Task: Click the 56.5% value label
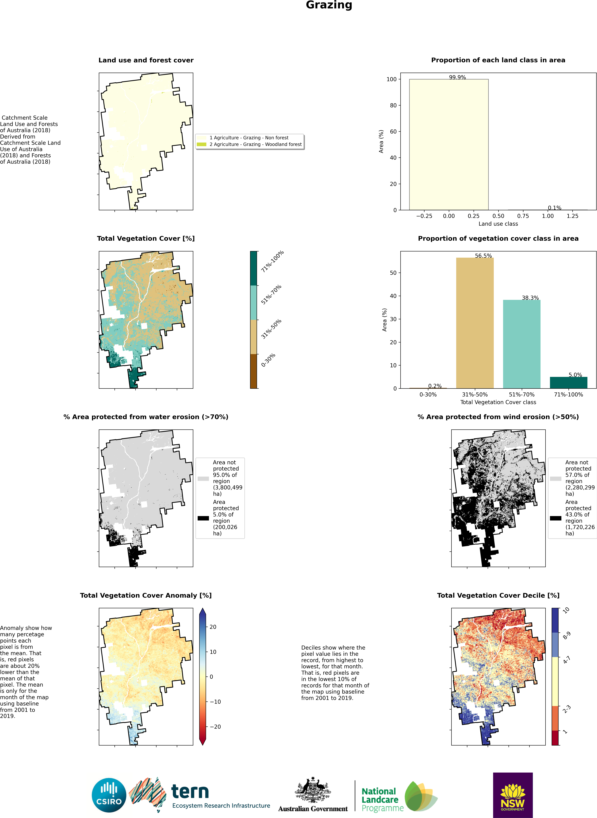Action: pos(483,256)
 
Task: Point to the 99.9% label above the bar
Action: pos(457,77)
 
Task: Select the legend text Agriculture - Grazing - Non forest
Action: pos(249,138)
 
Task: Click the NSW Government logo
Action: pos(512,795)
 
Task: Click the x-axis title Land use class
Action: pos(498,224)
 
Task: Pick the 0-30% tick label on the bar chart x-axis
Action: pos(428,395)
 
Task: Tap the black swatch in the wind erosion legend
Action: pos(555,518)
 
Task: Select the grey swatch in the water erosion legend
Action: pos(203,479)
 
